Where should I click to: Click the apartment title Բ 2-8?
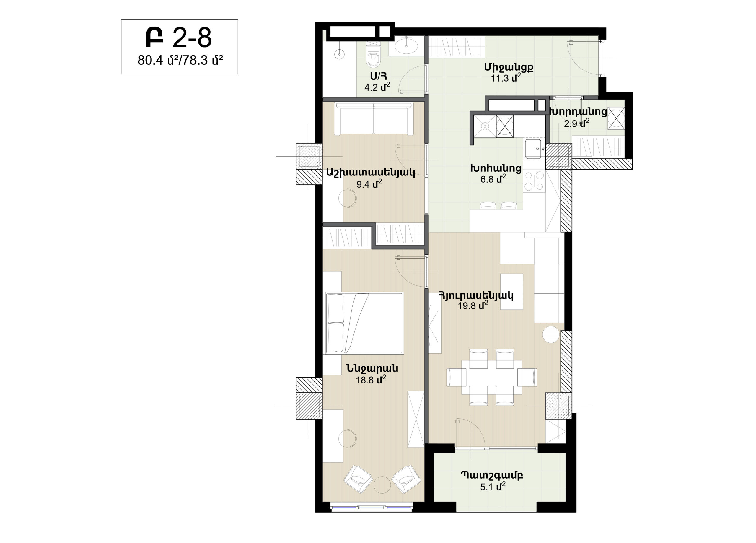[179, 38]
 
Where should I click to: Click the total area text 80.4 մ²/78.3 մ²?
[180, 60]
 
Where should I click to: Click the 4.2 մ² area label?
[377, 87]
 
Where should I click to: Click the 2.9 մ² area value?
[576, 123]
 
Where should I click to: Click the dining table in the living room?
[492, 377]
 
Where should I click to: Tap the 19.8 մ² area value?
[473, 305]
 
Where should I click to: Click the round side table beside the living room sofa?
[551, 334]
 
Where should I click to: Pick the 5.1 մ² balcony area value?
[493, 487]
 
